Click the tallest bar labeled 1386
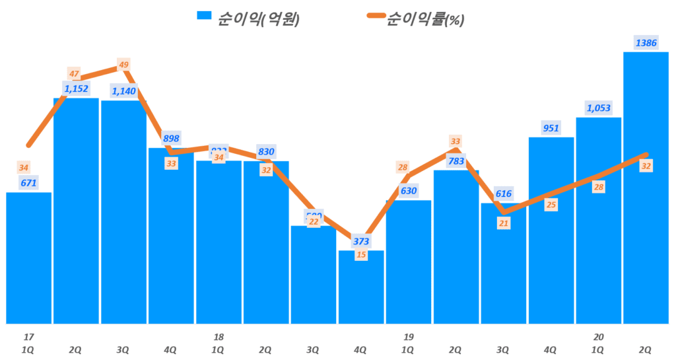tap(646, 188)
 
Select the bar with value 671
tap(29, 258)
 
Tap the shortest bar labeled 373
tap(360, 287)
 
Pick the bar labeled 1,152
tap(77, 211)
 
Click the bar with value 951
tap(551, 231)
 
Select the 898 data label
tap(171, 138)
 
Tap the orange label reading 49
tap(123, 65)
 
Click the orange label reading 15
tap(360, 255)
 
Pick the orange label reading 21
tap(503, 223)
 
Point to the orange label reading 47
tap(74, 74)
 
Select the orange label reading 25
tap(551, 205)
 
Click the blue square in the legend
tap(204, 17)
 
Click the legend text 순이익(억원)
tap(258, 19)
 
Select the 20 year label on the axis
tap(598, 337)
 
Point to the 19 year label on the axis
tap(409, 337)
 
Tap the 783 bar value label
tap(456, 161)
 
